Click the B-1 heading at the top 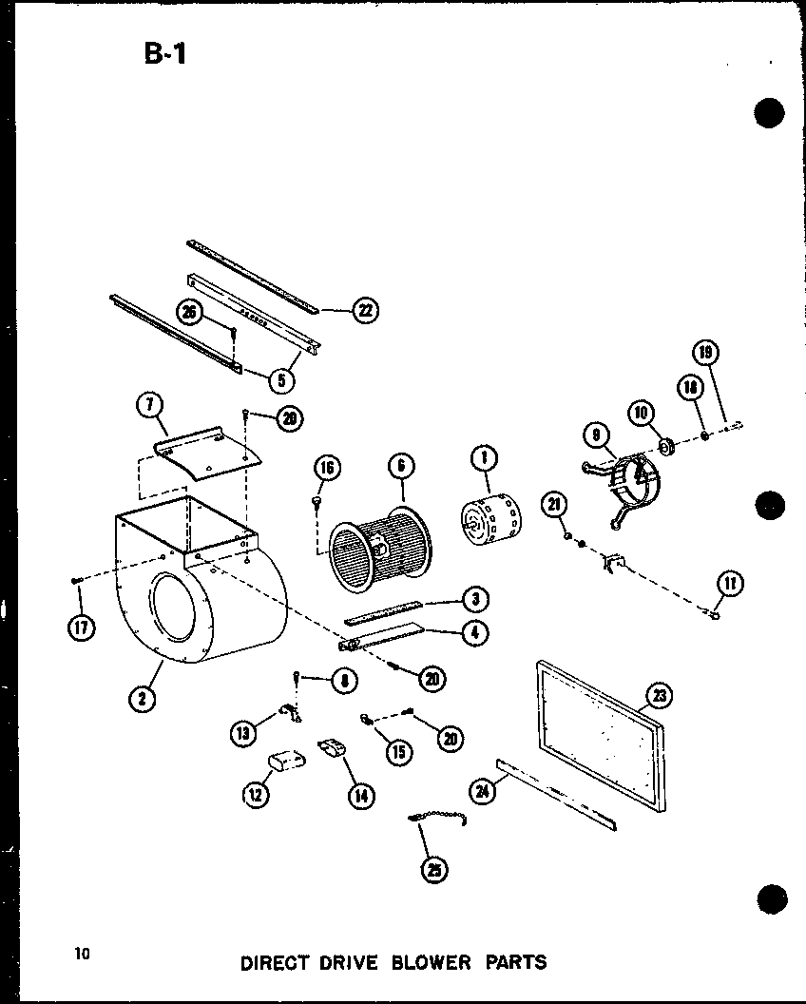pos(166,52)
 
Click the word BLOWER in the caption pos(419,961)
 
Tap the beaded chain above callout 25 pos(437,820)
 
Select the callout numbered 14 pos(359,796)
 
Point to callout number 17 pos(82,627)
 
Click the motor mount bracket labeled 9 pos(623,485)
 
